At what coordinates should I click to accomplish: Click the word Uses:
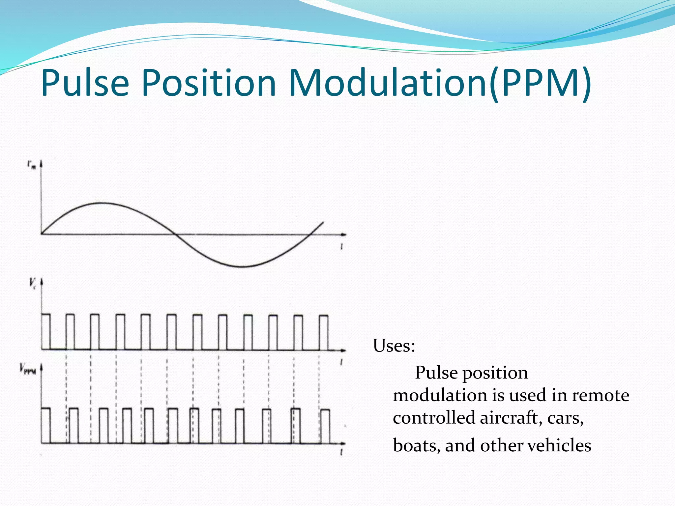coord(394,346)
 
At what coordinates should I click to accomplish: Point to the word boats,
coord(417,445)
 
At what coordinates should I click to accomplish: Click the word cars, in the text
coord(565,418)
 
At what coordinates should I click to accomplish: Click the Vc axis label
coord(33,283)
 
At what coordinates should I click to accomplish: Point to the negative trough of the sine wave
coord(242,267)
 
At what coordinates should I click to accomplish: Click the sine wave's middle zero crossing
coord(176,234)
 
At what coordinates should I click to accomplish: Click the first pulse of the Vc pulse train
coord(46,331)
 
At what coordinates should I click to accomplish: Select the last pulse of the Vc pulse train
coord(324,332)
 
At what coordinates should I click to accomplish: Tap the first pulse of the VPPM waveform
coord(46,425)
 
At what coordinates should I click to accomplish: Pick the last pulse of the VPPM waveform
coord(325,426)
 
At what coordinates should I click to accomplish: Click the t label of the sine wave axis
coord(342,246)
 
